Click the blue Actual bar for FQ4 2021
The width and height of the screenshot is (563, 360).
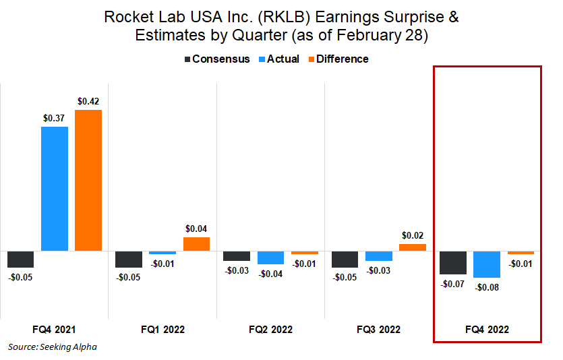(55, 188)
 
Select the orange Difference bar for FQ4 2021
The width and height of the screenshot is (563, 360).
(88, 180)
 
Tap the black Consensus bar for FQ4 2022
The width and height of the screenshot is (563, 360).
(453, 262)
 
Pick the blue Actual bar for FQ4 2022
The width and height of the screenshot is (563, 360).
(487, 264)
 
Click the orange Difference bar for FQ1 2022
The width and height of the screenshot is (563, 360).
(196, 244)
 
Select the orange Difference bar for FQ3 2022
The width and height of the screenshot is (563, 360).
(413, 247)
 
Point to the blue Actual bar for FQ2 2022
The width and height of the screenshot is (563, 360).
(271, 258)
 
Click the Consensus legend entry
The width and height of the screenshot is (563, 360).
(216, 59)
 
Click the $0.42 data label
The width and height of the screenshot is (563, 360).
(88, 101)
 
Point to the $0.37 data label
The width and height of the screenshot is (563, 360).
(55, 118)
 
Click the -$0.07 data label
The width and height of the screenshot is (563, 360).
(452, 284)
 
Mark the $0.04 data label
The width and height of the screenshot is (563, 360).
(196, 229)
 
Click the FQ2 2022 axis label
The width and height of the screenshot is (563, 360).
(270, 330)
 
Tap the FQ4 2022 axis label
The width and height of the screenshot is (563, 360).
(487, 330)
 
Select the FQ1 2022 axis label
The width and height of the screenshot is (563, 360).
(162, 330)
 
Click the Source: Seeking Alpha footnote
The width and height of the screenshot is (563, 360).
(53, 347)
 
